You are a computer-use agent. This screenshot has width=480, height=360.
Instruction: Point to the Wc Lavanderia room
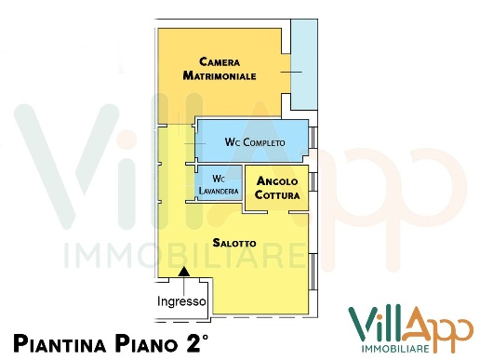[219, 184]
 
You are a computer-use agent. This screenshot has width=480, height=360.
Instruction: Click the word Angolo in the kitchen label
[276, 180]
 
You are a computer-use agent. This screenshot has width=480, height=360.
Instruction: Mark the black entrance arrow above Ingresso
[184, 272]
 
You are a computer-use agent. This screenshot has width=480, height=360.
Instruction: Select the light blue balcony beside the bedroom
[302, 65]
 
